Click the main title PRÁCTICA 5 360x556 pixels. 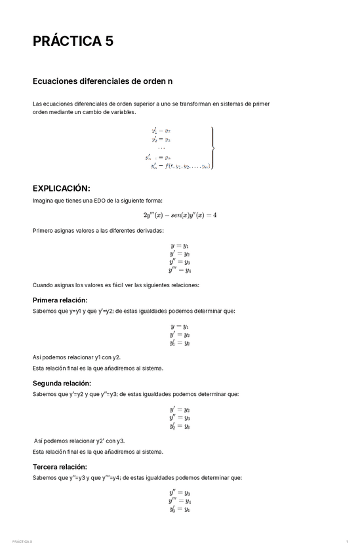point(73,41)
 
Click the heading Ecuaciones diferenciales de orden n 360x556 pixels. point(102,82)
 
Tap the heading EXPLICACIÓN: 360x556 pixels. point(66,188)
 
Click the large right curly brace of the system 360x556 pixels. point(212,148)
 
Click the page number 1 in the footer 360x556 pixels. point(346,542)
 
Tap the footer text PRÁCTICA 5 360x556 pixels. point(22,542)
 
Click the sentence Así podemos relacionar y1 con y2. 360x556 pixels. point(76,357)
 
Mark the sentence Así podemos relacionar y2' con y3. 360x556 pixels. point(79,441)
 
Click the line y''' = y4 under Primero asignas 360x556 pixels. point(180,269)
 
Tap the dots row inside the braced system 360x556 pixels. point(161,148)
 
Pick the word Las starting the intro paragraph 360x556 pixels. point(37,104)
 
